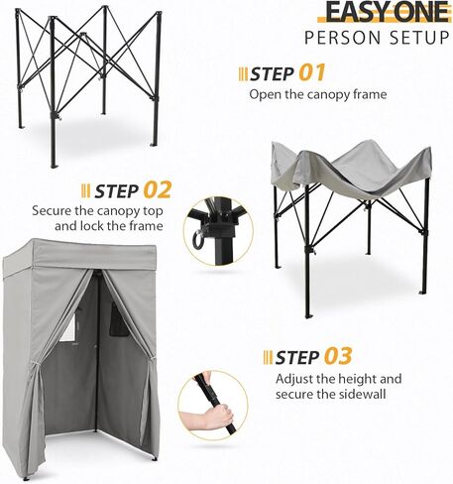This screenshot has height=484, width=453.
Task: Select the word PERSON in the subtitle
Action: click(x=340, y=39)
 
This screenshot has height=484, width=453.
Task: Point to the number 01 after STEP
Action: click(x=311, y=73)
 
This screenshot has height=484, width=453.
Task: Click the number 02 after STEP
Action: click(x=157, y=188)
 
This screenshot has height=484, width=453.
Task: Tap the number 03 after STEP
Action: click(x=337, y=356)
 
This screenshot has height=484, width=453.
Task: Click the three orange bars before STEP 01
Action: click(x=242, y=74)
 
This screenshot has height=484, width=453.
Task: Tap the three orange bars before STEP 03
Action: click(x=268, y=357)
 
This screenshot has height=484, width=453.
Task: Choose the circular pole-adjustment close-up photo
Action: click(x=212, y=405)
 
